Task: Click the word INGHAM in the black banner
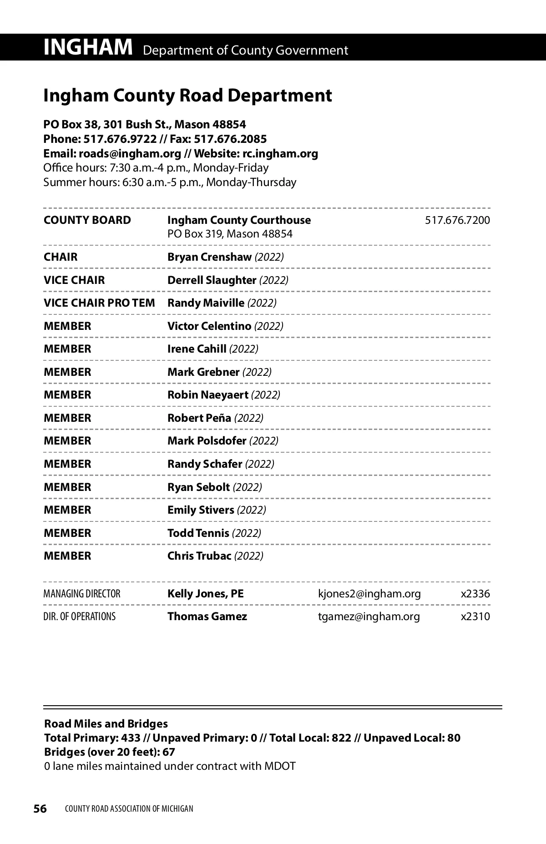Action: click(x=88, y=47)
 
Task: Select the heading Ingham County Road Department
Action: click(x=187, y=96)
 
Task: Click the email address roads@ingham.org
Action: click(x=130, y=153)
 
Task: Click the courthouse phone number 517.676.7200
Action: click(x=457, y=220)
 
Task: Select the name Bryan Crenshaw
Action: click(x=209, y=257)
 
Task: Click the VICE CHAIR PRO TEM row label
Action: click(x=99, y=303)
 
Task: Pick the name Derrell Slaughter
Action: click(x=212, y=280)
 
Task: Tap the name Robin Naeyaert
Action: click(x=208, y=395)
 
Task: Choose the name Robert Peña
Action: click(x=199, y=418)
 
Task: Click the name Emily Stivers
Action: click(x=201, y=510)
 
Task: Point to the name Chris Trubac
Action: click(x=199, y=556)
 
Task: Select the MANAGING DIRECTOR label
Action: click(x=82, y=594)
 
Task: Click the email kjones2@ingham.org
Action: click(x=369, y=594)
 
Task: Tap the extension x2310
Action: click(x=475, y=617)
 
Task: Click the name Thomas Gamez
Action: click(x=207, y=617)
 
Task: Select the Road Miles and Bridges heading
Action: click(x=106, y=724)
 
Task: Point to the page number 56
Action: click(x=40, y=809)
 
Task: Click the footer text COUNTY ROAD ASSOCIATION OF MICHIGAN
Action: click(x=129, y=809)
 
